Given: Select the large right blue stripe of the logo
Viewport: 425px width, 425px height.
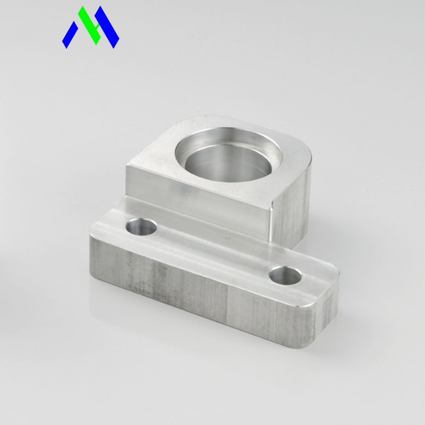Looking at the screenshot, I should pos(108,28).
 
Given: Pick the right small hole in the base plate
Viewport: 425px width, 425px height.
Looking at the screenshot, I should pos(285,275).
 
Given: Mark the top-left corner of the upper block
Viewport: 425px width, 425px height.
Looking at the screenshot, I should pos(127,165).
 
